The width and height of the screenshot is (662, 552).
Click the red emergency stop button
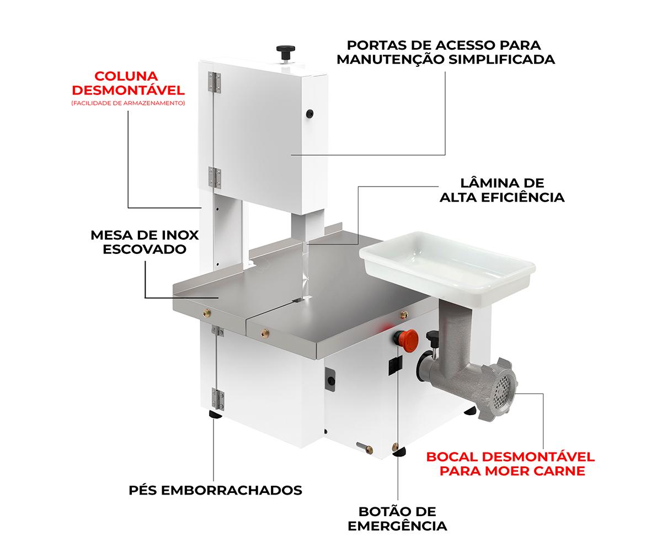(x=406, y=341)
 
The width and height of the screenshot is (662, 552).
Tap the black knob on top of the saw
(x=286, y=52)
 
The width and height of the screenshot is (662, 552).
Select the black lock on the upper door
(x=309, y=113)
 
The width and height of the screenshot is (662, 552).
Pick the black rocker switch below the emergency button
(x=396, y=365)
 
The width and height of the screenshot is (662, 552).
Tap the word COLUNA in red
(x=126, y=76)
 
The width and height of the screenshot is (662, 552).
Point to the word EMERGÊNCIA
(x=397, y=526)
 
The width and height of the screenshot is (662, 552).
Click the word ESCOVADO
(x=145, y=250)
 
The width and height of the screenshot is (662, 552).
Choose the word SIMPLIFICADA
(x=502, y=59)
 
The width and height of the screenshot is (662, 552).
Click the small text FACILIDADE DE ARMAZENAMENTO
(x=128, y=103)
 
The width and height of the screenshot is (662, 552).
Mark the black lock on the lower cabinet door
(x=331, y=380)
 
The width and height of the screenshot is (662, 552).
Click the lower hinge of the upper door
(x=215, y=177)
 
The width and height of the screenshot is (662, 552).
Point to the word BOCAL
(x=452, y=457)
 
